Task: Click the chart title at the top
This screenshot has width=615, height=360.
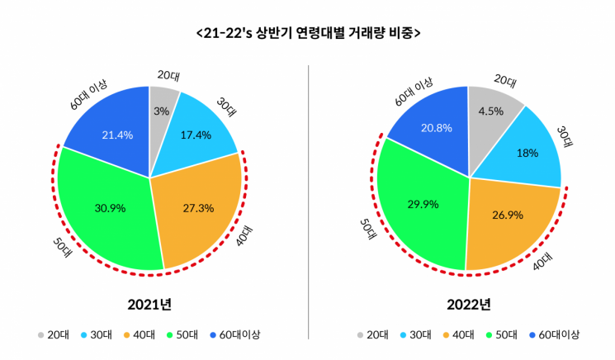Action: point(307,34)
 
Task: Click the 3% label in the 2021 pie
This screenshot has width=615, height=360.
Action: point(161,111)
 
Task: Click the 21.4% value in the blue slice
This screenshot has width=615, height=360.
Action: point(116,135)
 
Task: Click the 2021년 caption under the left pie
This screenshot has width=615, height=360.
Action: point(149,304)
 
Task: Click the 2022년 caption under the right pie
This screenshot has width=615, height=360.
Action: point(468,304)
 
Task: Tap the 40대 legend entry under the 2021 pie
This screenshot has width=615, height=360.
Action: point(141,335)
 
